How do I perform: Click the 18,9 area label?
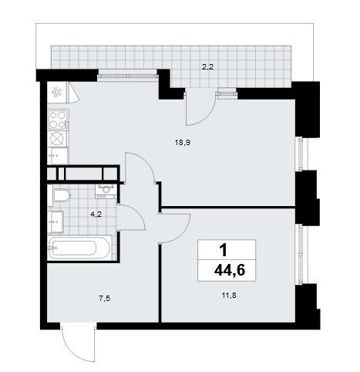tap(182, 143)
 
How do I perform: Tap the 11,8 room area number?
tap(229, 296)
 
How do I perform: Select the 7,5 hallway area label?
tap(105, 299)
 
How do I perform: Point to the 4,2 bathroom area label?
tap(96, 214)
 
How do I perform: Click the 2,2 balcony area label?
tap(207, 67)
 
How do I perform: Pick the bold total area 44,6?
tap(230, 270)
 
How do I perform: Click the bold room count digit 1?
tap(224, 250)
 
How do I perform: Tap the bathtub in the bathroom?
tap(79, 248)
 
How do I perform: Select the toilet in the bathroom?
tap(59, 196)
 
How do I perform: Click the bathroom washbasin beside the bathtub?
tap(56, 222)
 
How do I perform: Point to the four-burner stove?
tap(58, 120)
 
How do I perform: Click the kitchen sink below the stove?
tap(58, 156)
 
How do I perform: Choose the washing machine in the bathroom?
tap(106, 191)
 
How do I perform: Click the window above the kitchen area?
tap(128, 76)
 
